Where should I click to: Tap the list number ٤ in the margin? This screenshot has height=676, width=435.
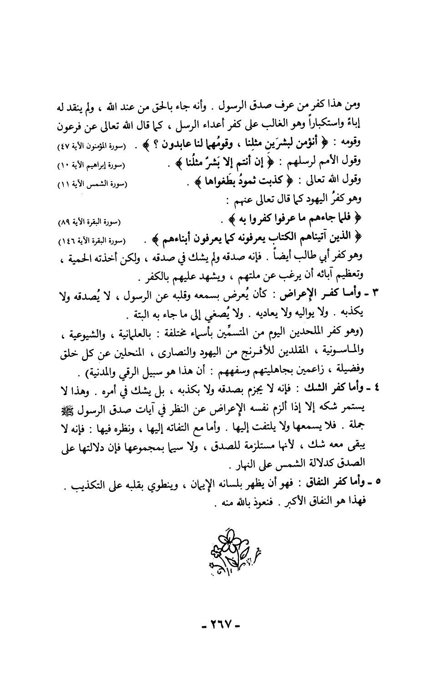[x=375, y=390]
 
